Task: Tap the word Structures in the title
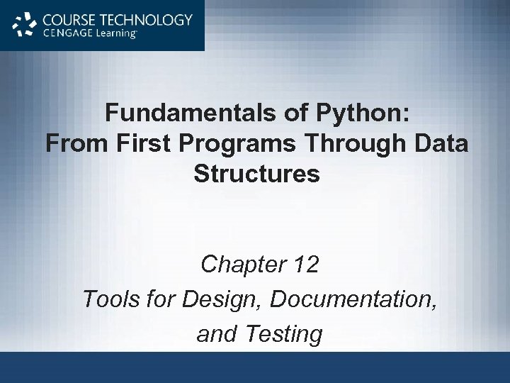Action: pyautogui.click(x=256, y=173)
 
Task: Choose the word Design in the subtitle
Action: pyautogui.click(x=222, y=299)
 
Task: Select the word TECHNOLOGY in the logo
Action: pyautogui.click(x=146, y=20)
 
